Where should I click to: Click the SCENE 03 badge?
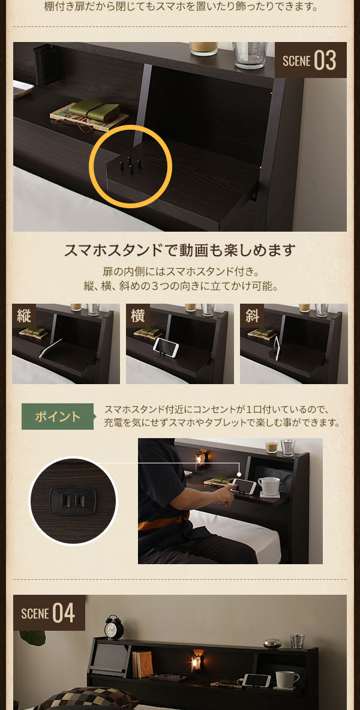click(x=310, y=60)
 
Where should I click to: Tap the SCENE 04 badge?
click(x=49, y=613)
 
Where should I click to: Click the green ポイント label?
click(x=58, y=417)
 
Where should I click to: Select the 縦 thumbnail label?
click(x=24, y=316)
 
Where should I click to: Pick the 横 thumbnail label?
click(x=138, y=316)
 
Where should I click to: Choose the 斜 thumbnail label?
click(x=252, y=316)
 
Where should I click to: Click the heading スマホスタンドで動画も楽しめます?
click(x=180, y=250)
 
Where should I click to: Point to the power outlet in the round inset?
click(x=73, y=501)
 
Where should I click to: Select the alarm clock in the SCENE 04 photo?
click(x=114, y=628)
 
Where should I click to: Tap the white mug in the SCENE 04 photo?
click(x=286, y=679)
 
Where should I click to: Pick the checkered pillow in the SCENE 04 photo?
click(x=85, y=699)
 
